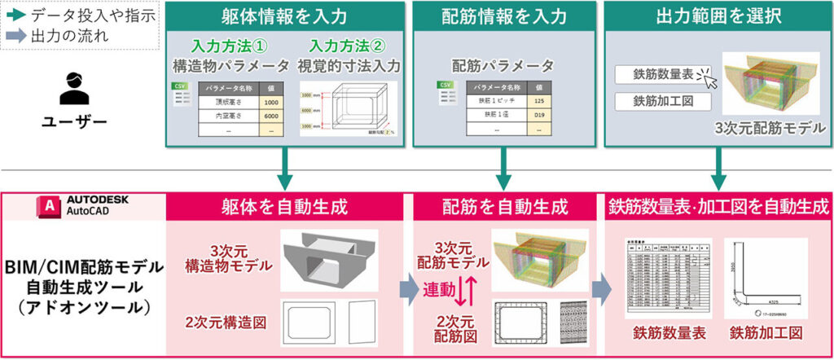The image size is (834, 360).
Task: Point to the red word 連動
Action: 439,290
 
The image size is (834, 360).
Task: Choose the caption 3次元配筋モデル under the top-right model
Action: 770,128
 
